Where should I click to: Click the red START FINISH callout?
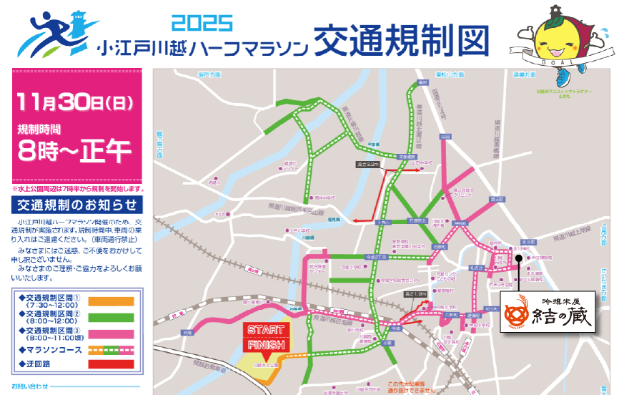[266, 337]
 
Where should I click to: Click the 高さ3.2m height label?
[368, 165]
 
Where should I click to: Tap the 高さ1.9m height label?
[417, 294]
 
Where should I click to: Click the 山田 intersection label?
[445, 135]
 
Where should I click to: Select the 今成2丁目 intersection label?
[376, 255]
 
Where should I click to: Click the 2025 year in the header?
[202, 22]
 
